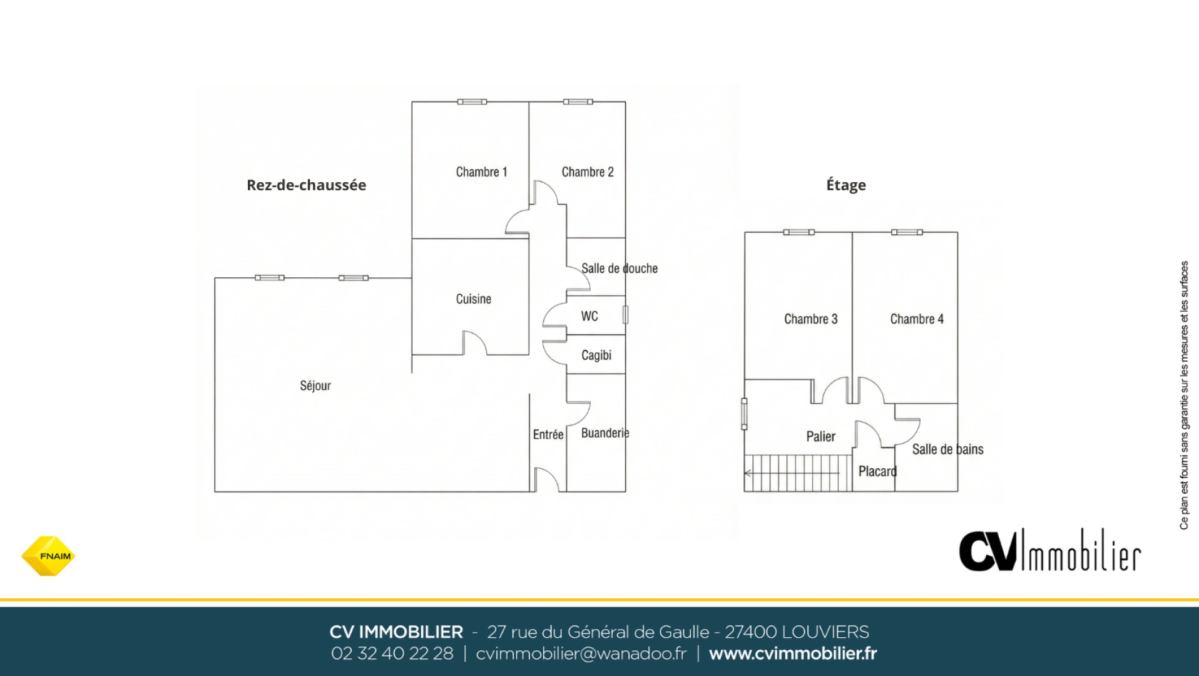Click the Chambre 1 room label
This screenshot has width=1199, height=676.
click(481, 172)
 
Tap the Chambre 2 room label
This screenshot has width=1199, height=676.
click(587, 172)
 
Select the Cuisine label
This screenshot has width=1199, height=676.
click(473, 299)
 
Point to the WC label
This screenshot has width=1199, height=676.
click(589, 316)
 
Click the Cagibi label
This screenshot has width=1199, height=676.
click(596, 356)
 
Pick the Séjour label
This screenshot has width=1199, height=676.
click(315, 386)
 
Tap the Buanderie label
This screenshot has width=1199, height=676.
click(605, 433)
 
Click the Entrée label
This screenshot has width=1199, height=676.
click(548, 434)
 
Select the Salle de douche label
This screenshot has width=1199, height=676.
click(619, 269)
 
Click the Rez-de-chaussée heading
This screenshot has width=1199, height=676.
click(306, 185)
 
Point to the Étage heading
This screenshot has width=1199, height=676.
click(845, 185)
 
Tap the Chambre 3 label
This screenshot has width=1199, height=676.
click(810, 319)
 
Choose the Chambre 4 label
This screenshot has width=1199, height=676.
click(916, 319)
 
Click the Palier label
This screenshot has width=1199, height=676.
click(820, 436)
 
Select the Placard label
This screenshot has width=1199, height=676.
click(877, 471)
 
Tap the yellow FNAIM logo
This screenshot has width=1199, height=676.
click(48, 556)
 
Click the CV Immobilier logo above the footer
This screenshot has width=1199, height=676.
click(1049, 551)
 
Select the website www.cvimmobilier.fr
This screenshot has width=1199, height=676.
click(792, 653)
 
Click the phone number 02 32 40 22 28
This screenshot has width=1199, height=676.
click(392, 653)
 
